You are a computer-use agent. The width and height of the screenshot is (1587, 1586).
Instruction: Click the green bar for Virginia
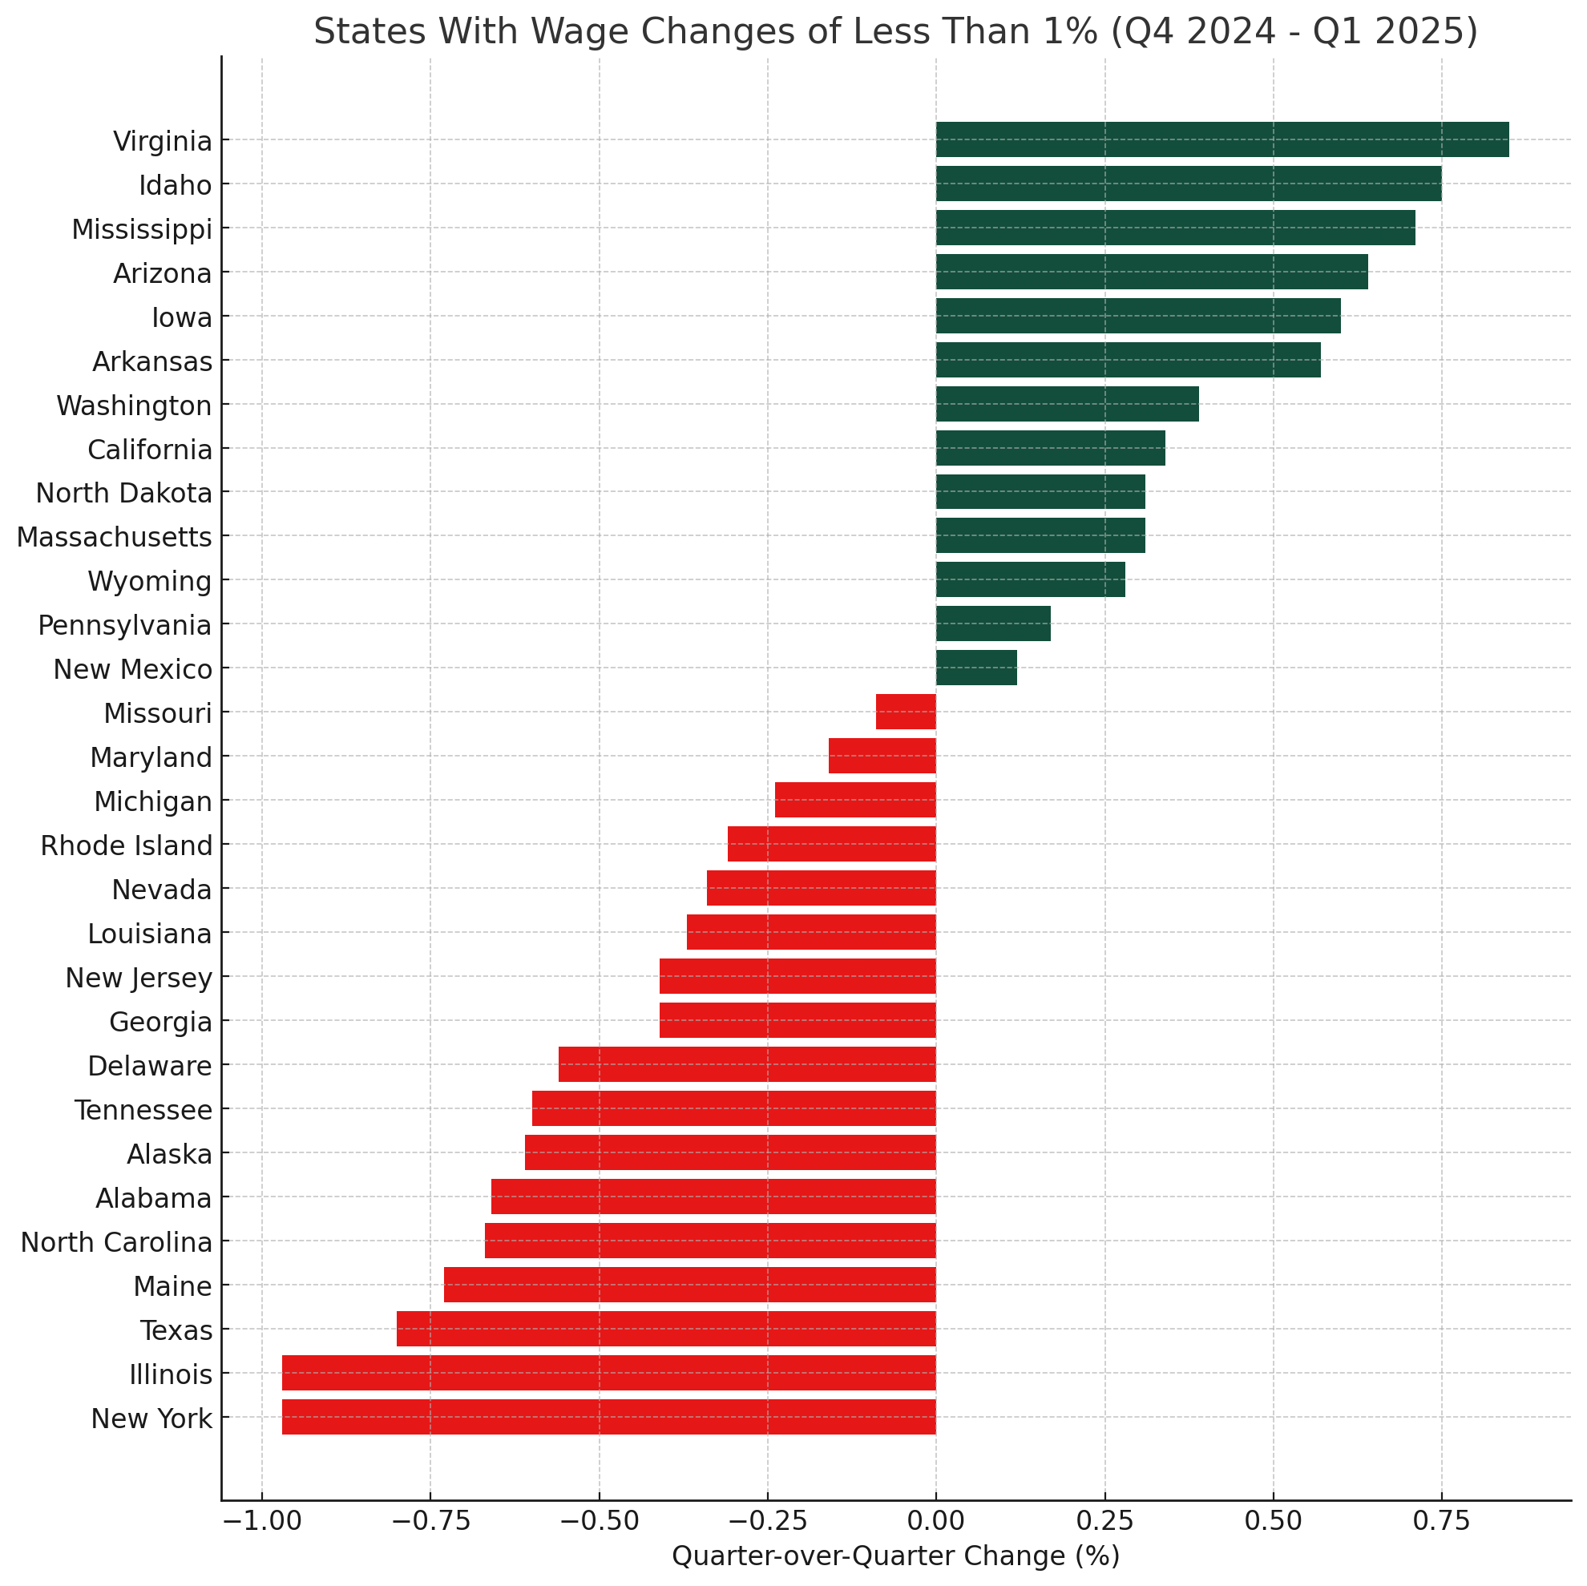(x=1222, y=139)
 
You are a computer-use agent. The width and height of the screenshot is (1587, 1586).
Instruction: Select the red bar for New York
(x=608, y=1417)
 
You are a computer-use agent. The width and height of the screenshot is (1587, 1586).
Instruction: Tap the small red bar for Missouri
(x=905, y=712)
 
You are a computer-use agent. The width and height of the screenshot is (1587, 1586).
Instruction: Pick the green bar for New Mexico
(x=976, y=667)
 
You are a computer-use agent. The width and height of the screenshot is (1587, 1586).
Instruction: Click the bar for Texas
(x=666, y=1329)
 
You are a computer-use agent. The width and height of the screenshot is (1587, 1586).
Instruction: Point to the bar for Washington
(x=1067, y=403)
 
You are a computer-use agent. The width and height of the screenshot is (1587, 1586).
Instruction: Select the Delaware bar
(x=747, y=1064)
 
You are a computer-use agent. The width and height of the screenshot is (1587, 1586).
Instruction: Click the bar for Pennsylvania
(x=992, y=624)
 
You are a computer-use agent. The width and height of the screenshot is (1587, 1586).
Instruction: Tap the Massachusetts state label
(x=114, y=537)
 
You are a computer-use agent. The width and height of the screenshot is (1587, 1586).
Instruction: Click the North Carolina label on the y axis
(x=116, y=1243)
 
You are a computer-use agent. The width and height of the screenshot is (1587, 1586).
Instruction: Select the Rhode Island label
(x=127, y=845)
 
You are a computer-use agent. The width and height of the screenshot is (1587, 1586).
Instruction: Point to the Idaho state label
(x=175, y=185)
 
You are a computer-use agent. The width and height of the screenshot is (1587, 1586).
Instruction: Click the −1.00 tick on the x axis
(x=261, y=1520)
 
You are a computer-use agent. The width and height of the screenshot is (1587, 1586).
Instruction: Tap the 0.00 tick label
(x=935, y=1520)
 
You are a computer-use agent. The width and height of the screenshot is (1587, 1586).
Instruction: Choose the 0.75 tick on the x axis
(x=1441, y=1520)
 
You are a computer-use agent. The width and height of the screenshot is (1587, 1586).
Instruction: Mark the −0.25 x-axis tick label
(x=766, y=1520)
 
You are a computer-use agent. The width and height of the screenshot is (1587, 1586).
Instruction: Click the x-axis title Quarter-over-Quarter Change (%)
(x=895, y=1556)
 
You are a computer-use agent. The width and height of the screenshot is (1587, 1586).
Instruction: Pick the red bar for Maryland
(x=882, y=756)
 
